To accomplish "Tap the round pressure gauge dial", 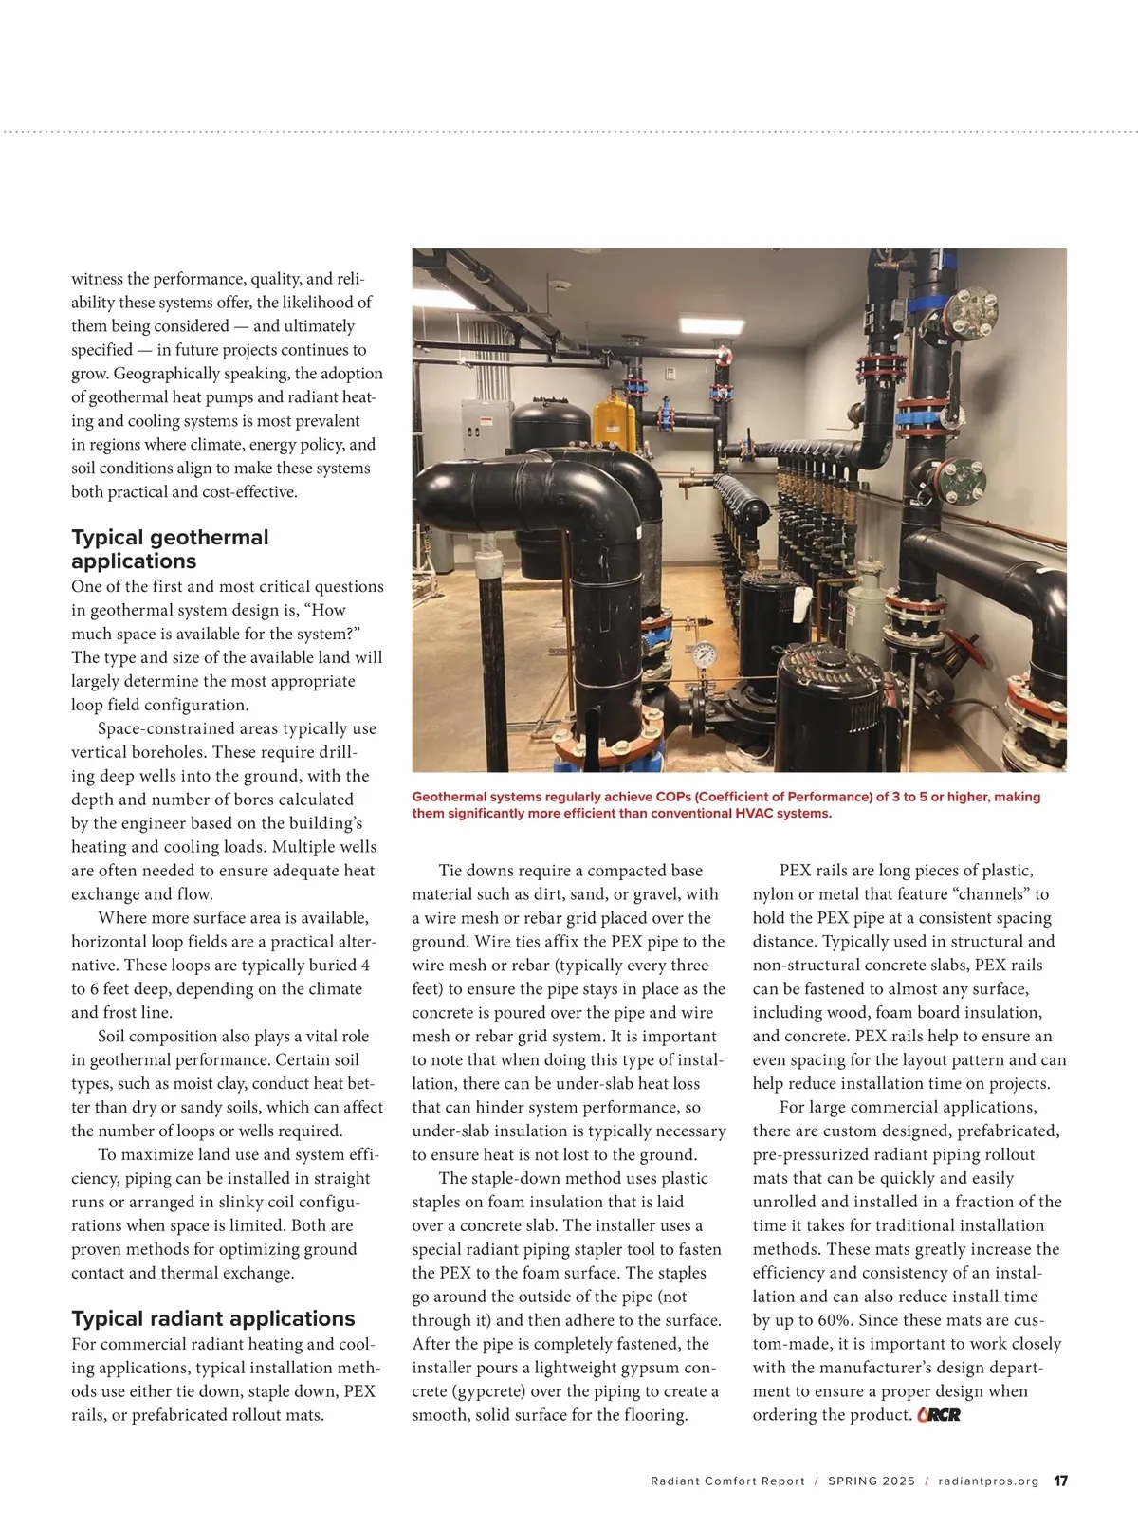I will [704, 653].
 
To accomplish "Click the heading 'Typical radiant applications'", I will [213, 1318].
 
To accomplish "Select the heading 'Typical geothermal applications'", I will [170, 549].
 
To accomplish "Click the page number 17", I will [1061, 1481].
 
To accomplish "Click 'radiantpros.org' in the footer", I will [988, 1481].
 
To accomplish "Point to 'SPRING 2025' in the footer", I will [872, 1481].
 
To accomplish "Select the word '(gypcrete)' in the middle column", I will [452, 1391].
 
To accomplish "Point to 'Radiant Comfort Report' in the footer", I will [727, 1481].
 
